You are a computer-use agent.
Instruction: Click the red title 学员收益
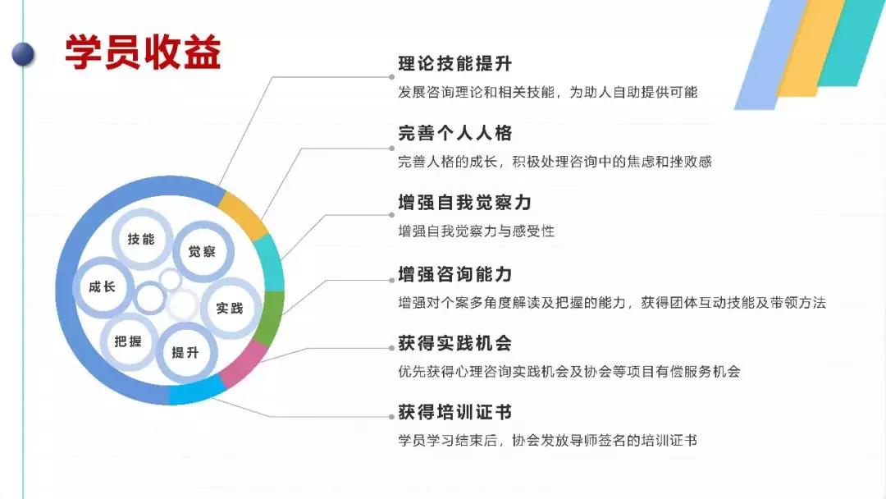tap(143, 53)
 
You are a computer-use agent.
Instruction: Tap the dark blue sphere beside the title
tap(23, 55)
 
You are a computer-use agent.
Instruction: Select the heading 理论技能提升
tap(454, 64)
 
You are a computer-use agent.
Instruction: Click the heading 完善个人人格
tap(454, 134)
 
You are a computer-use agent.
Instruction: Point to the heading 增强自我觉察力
tap(464, 203)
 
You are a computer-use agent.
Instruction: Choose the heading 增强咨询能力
tap(454, 275)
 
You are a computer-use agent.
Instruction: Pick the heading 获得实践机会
tap(454, 343)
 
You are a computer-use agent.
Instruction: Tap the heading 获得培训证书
tap(454, 412)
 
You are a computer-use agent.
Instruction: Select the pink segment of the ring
tap(244, 364)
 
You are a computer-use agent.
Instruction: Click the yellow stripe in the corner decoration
tap(809, 48)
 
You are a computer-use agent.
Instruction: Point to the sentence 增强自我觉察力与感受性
tap(476, 231)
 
